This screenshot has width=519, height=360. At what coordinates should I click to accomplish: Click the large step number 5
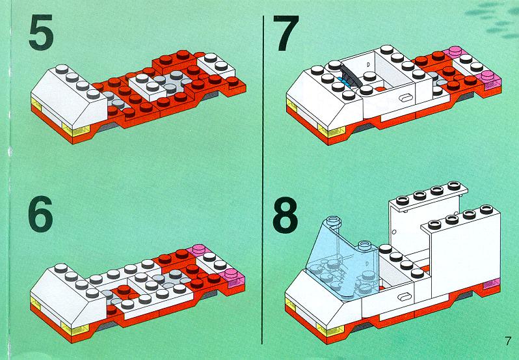41,32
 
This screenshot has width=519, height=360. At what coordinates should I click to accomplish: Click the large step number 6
41,214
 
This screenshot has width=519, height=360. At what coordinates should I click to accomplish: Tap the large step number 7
286,33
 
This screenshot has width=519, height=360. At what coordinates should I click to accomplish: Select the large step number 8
285,215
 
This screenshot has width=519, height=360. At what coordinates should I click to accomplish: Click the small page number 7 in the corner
508,340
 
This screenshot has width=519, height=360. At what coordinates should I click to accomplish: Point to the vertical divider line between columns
263,180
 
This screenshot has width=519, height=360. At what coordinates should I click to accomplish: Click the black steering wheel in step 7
350,75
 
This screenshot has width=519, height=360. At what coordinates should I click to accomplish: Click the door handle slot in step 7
406,98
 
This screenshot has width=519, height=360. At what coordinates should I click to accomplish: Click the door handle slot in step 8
404,296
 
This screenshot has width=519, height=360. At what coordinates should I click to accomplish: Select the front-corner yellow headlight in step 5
76,131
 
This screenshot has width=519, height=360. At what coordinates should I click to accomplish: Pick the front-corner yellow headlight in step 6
75,328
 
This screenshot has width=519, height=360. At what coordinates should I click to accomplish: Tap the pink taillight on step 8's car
492,284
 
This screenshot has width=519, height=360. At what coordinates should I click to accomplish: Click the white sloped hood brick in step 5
69,96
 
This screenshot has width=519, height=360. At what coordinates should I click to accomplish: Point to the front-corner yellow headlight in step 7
332,131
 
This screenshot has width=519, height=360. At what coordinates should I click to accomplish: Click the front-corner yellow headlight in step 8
330,329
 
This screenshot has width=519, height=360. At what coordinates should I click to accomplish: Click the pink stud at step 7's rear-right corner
488,77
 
